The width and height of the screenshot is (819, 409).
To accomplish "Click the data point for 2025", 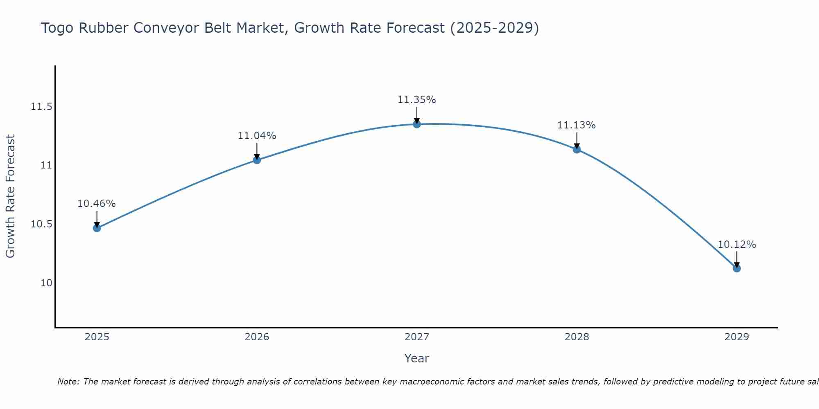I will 97,228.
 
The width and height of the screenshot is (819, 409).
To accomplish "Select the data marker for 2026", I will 257,160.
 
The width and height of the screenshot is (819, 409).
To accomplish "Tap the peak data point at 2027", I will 417,124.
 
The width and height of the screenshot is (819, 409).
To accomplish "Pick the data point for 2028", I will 577,149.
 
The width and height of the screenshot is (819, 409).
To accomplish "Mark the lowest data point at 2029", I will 737,268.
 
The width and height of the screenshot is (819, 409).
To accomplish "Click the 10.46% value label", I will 97,203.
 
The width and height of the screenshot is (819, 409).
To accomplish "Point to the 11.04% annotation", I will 257,135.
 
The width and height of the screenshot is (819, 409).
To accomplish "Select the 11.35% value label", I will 417,99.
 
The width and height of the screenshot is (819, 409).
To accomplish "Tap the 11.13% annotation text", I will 577,125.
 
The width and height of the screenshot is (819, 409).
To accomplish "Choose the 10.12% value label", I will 737,244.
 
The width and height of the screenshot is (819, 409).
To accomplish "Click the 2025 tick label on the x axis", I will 97,337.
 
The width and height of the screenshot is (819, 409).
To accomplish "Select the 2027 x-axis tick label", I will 417,337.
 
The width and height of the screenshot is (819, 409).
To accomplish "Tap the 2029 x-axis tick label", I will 737,337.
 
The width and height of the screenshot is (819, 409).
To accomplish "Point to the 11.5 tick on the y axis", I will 41,107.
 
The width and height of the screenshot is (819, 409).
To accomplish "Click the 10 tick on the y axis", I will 46,283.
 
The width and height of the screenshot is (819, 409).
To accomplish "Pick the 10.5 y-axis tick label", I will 41,224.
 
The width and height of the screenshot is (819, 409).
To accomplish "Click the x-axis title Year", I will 417,358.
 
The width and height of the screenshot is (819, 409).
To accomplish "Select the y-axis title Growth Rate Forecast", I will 10,196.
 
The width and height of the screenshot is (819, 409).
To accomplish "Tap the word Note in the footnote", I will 68,382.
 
